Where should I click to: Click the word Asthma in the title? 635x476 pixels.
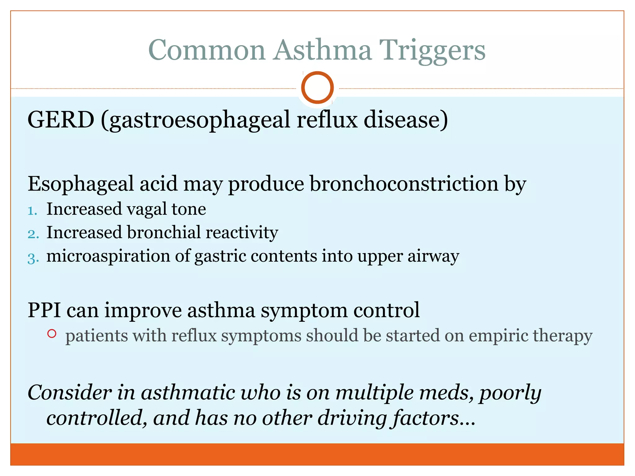pyautogui.click(x=322, y=50)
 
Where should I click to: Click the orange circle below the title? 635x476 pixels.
pyautogui.click(x=317, y=88)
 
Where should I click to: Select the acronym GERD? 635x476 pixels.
pyautogui.click(x=61, y=120)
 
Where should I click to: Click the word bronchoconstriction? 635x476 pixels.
pyautogui.click(x=404, y=184)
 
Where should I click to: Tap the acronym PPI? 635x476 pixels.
pyautogui.click(x=44, y=310)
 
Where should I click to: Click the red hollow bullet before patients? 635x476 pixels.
pyautogui.click(x=52, y=334)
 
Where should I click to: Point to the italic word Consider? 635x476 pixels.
pyautogui.click(x=69, y=393)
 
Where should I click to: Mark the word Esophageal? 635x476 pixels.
pyautogui.click(x=81, y=184)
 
